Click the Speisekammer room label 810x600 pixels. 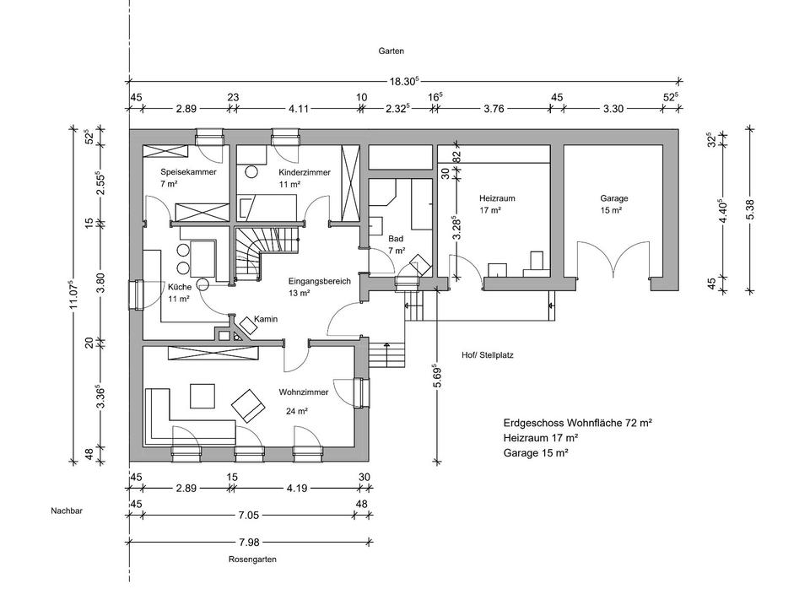(188, 171)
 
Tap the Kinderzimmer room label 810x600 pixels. (304, 172)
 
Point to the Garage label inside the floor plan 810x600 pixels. (613, 198)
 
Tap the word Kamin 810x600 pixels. (266, 320)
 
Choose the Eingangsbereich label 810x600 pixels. (319, 281)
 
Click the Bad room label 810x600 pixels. (396, 239)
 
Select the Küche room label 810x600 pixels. (179, 286)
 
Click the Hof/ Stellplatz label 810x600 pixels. (488, 355)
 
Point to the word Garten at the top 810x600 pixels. (391, 51)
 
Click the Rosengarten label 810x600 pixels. (251, 559)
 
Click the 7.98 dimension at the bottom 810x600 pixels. (247, 540)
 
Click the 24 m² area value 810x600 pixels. (296, 412)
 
